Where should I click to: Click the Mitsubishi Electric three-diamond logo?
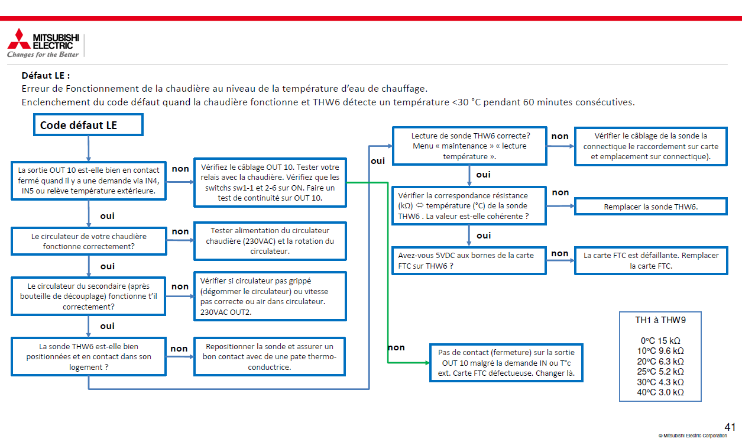[x=18, y=39]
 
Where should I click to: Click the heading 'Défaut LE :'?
[x=46, y=76]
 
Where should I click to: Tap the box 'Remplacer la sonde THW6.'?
[x=650, y=207]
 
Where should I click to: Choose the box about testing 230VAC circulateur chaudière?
[x=270, y=241]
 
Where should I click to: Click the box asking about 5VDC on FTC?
[x=469, y=260]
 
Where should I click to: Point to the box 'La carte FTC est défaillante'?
[x=650, y=260]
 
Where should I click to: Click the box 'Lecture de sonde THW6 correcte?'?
[x=469, y=146]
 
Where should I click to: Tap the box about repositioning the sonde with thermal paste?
[x=270, y=356]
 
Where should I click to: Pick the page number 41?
[x=730, y=427]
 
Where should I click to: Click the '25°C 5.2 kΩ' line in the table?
[x=660, y=372]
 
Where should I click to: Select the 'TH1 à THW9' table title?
[x=660, y=320]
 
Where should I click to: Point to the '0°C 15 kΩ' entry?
[x=660, y=341]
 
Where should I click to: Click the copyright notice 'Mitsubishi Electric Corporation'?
[x=692, y=436]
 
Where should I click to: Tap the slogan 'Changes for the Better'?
[x=43, y=54]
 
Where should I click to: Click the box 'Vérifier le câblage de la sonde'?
[x=650, y=146]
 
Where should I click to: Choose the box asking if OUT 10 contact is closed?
[x=89, y=181]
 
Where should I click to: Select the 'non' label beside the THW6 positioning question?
[x=179, y=349]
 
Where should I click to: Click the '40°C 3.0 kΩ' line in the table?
[x=660, y=392]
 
